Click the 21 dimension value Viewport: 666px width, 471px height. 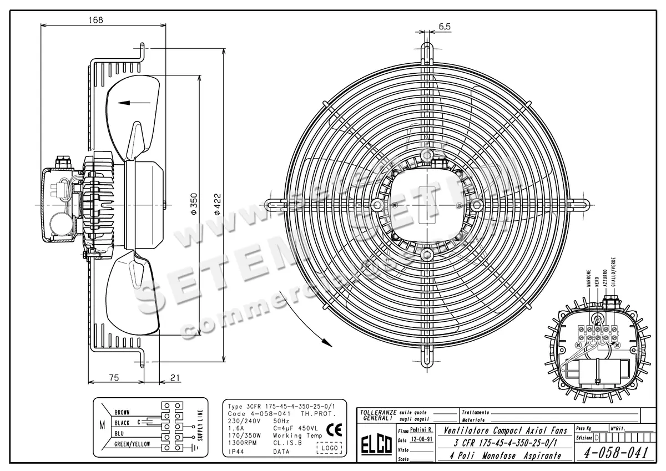(x=175, y=378)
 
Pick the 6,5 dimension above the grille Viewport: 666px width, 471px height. (x=444, y=26)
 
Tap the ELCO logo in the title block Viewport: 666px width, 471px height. (x=376, y=446)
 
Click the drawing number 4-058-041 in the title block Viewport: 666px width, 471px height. (x=617, y=453)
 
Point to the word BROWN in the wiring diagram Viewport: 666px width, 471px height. (x=122, y=413)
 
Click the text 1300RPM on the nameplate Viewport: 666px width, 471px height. (x=242, y=443)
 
